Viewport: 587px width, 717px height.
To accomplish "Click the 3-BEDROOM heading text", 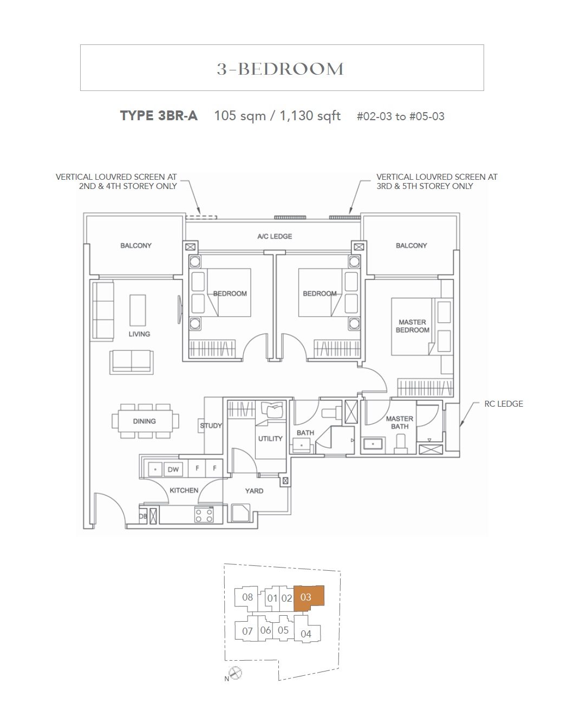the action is click(x=280, y=69).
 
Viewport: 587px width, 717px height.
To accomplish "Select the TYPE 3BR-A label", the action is click(x=159, y=116).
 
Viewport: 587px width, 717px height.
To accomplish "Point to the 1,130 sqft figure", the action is click(x=310, y=116).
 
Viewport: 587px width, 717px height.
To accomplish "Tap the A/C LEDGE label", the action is click(x=275, y=236).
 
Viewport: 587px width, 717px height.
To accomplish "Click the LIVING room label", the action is click(x=139, y=334).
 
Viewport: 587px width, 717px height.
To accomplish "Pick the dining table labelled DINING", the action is click(x=145, y=421).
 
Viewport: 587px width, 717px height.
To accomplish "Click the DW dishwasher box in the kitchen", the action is click(x=173, y=469).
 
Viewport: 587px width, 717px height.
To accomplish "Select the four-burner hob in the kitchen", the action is click(x=204, y=514).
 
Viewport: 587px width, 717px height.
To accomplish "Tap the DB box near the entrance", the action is click(x=143, y=516).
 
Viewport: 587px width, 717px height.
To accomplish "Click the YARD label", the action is click(x=255, y=491).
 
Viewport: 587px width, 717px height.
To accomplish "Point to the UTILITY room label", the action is click(x=270, y=439).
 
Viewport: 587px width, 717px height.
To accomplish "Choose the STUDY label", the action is click(x=211, y=425).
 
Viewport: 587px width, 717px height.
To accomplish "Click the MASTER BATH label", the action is click(x=400, y=422).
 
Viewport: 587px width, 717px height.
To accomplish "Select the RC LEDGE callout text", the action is click(x=504, y=403).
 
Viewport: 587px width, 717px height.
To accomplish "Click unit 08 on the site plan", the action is click(x=247, y=597).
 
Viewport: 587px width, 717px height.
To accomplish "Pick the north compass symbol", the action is click(x=235, y=673).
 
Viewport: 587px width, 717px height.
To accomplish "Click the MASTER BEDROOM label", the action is click(x=412, y=326).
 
